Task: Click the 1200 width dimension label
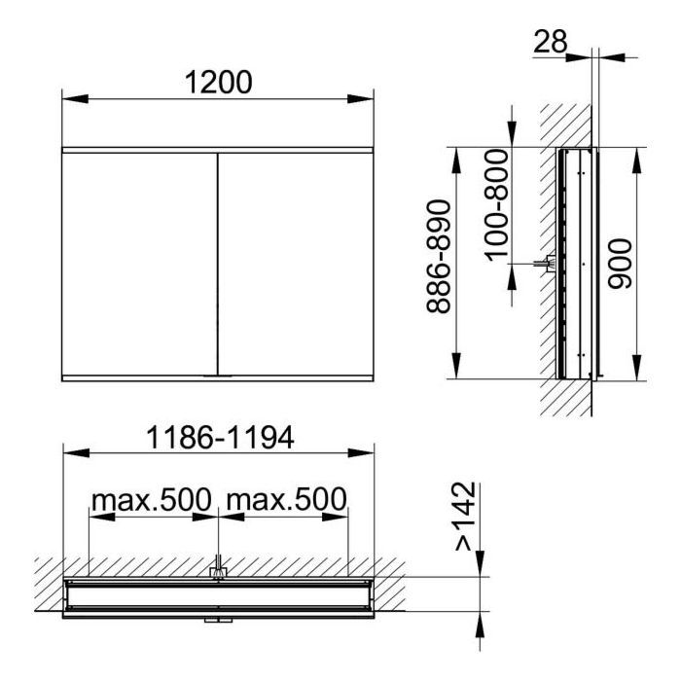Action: click(219, 82)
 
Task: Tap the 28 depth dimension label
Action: click(551, 41)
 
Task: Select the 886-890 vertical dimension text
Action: click(438, 257)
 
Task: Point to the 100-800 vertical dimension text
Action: click(496, 205)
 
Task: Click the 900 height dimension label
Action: click(620, 264)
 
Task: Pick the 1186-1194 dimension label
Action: click(221, 438)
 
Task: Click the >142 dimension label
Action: click(466, 516)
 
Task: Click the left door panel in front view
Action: click(139, 264)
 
